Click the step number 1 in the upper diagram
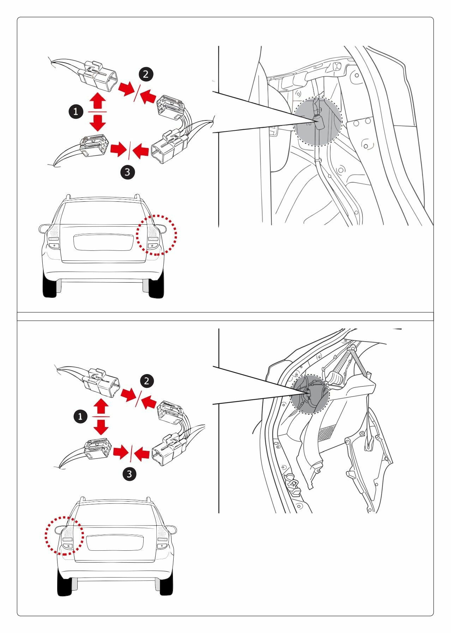76,112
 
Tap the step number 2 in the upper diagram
146,74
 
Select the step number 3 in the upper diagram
127,172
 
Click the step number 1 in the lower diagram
80,416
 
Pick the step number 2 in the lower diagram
147,381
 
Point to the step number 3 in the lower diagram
129,474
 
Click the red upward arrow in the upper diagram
97,101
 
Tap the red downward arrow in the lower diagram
102,427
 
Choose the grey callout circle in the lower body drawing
309,394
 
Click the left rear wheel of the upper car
49,285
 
